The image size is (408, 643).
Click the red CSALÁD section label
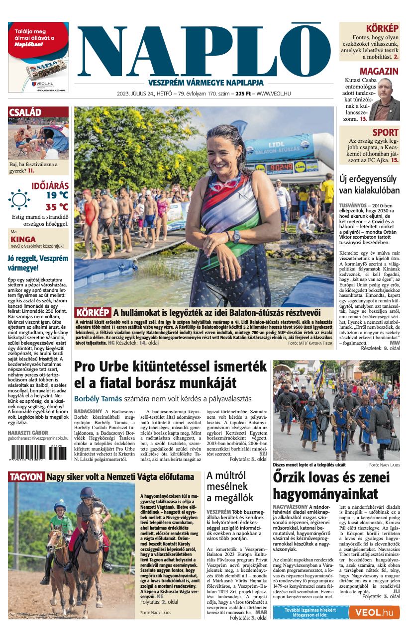click(x=25, y=112)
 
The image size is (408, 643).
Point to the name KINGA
click(x=23, y=239)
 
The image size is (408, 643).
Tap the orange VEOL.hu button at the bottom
click(x=374, y=612)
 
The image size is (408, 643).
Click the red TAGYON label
click(x=25, y=477)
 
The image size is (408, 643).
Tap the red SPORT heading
click(x=386, y=132)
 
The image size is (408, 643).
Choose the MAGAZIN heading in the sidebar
click(x=379, y=71)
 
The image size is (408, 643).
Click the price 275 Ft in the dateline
click(x=243, y=93)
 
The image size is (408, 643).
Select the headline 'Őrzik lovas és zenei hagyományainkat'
click(x=331, y=485)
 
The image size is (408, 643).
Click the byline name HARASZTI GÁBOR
click(x=28, y=433)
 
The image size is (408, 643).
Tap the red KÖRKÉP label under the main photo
click(x=93, y=313)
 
